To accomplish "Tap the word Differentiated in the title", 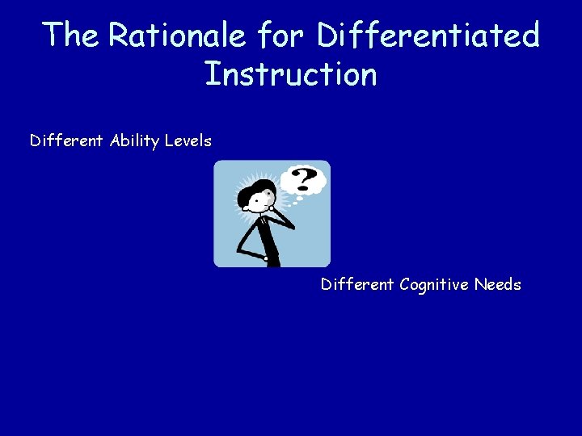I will (x=428, y=36).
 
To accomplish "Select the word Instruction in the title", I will (x=290, y=74).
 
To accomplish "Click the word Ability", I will (x=133, y=141).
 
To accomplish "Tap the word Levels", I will (x=188, y=141).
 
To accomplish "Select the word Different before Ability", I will (x=66, y=141).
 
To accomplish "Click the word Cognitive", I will (x=433, y=284).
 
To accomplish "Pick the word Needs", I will (x=498, y=284).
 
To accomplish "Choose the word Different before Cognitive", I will (x=357, y=284).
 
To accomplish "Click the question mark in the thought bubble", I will (x=303, y=178).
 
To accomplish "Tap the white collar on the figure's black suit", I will (x=264, y=216).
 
